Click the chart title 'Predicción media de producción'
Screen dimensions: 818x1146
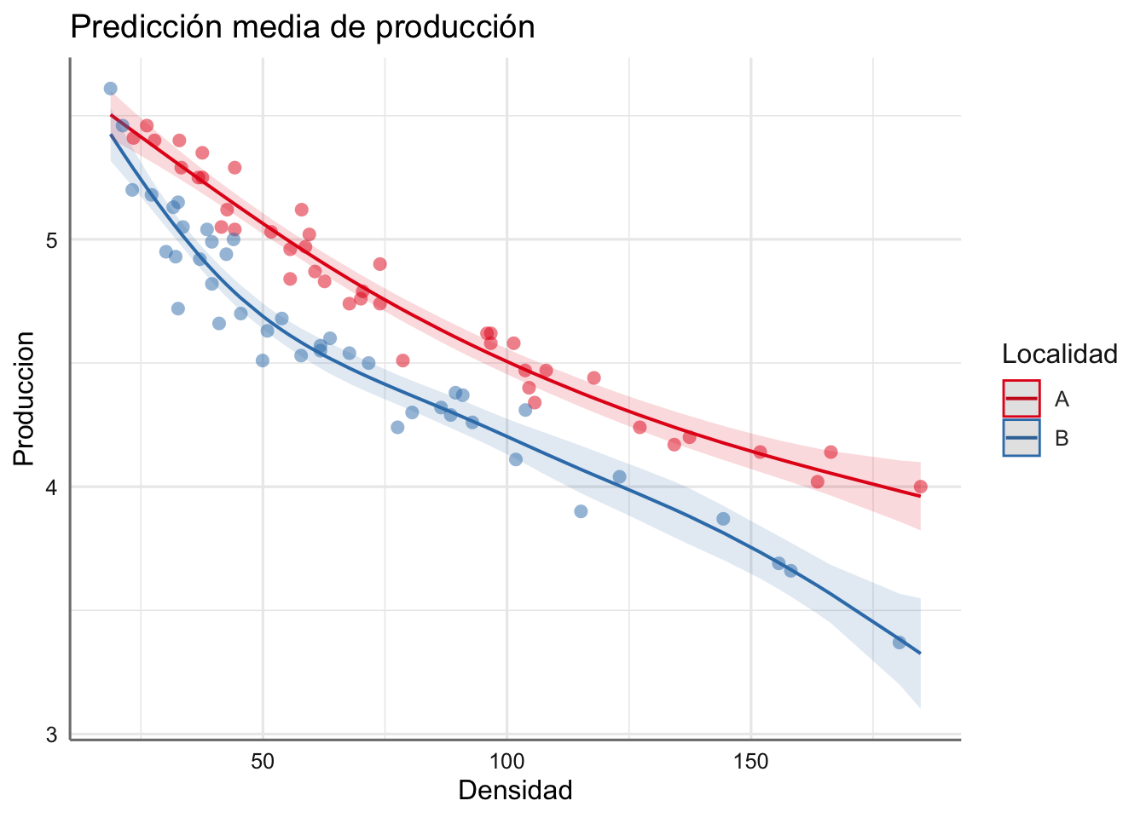(x=302, y=27)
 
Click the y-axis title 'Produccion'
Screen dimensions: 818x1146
(x=25, y=399)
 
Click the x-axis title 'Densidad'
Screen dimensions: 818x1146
(x=515, y=791)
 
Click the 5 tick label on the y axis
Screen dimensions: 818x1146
(x=52, y=239)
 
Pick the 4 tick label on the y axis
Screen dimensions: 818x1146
(x=52, y=487)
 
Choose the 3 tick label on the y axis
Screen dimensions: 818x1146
(x=52, y=734)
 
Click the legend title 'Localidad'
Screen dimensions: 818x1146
(x=1060, y=354)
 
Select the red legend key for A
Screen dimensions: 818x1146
(x=1022, y=399)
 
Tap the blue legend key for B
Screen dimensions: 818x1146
(x=1022, y=438)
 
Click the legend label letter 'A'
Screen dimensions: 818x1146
(x=1062, y=399)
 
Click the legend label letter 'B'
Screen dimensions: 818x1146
(x=1062, y=438)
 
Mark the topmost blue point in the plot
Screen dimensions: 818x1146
(x=110, y=89)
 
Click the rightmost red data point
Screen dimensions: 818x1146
(x=920, y=487)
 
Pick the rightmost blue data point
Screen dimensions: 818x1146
(x=899, y=642)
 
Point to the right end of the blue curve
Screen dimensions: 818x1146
(x=920, y=654)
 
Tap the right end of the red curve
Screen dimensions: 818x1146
(x=920, y=496)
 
